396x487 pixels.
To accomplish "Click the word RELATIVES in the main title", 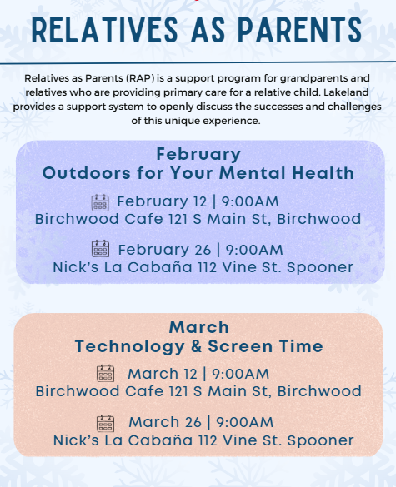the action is pos(105,29).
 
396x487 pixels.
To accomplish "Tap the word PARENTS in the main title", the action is pos(300,29).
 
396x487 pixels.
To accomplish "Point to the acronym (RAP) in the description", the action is pos(140,78).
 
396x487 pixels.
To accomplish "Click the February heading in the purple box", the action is pos(198,154).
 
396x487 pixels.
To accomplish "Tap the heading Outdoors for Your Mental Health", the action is pos(198,173).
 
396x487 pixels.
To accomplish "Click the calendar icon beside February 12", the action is pos(100,203).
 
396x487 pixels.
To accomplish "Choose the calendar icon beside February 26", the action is pos(101,248).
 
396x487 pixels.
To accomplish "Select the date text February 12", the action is pos(162,201).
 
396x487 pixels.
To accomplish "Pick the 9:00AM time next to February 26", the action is pos(254,250).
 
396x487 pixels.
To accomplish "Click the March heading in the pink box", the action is pos(199,327).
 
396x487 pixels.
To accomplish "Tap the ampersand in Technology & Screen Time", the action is pos(196,346).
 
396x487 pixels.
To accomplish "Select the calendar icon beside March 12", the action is pos(105,373).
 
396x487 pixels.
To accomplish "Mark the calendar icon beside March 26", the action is pos(105,424).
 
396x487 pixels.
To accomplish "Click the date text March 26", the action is pos(165,422).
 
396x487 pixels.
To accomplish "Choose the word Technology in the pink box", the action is pos(129,347).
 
